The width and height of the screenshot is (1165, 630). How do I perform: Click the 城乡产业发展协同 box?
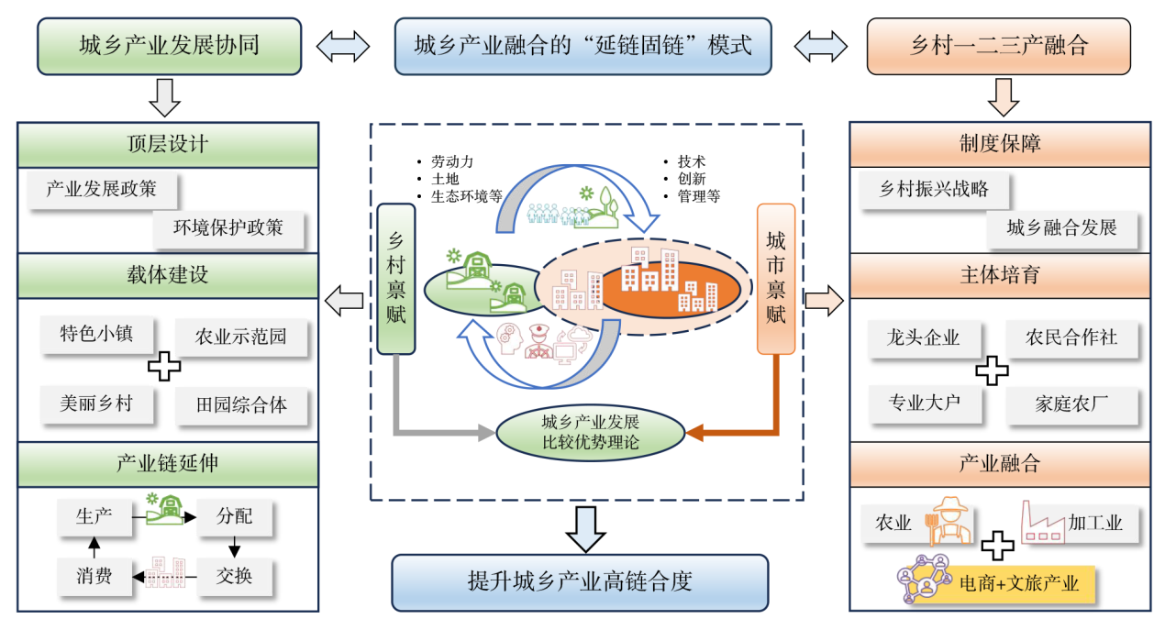[x=170, y=46]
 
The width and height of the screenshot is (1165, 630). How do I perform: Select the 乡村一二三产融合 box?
[x=998, y=46]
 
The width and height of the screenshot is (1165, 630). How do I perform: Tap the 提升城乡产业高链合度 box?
[x=580, y=581]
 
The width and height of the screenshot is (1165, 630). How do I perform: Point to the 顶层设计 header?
[x=168, y=145]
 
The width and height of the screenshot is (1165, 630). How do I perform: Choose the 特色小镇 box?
[x=95, y=335]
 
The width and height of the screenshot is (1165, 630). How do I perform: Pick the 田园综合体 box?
[x=241, y=404]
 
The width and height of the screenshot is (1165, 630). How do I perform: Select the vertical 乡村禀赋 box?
[x=397, y=279]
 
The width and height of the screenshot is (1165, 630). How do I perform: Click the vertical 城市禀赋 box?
[x=775, y=279]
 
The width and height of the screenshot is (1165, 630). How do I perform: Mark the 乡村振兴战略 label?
[x=934, y=190]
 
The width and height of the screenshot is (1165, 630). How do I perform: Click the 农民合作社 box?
[x=1071, y=337]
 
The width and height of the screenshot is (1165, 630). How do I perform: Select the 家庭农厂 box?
[x=1071, y=404]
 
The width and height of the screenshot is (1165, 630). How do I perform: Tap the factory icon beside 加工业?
[x=1041, y=524]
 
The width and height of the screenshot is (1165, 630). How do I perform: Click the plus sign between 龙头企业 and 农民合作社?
[x=992, y=370]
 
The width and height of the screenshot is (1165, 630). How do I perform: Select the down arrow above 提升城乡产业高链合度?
[x=585, y=528]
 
